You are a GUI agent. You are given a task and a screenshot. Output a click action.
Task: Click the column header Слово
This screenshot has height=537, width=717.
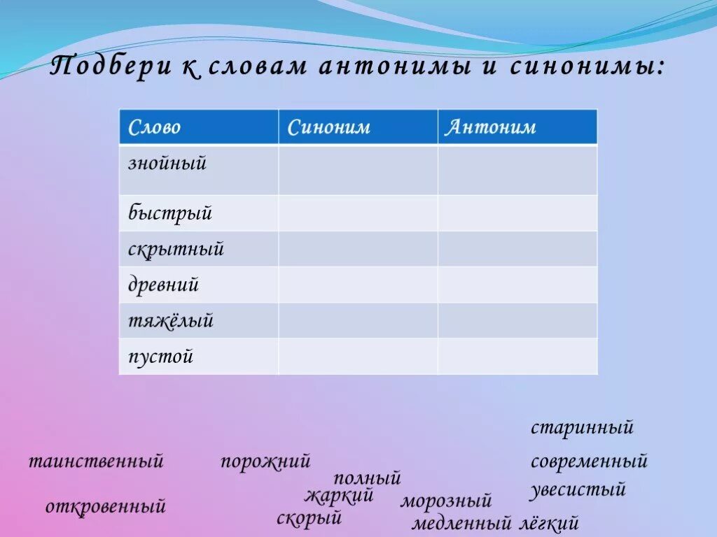(x=154, y=127)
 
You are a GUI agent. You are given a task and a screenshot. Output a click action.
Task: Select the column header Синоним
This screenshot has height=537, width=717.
(x=328, y=127)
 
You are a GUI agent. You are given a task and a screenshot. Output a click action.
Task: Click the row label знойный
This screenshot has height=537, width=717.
(x=167, y=164)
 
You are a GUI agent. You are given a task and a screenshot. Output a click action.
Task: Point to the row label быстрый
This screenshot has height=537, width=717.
(x=169, y=213)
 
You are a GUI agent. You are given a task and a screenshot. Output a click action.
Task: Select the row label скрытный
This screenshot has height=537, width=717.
(x=176, y=249)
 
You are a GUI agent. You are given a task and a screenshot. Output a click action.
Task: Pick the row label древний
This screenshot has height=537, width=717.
(x=163, y=285)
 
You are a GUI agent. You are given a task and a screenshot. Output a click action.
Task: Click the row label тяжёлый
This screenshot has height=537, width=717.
(x=170, y=321)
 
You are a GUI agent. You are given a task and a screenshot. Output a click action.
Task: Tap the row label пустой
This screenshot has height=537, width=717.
(x=160, y=357)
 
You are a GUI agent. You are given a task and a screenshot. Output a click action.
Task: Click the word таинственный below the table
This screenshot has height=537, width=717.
(x=96, y=461)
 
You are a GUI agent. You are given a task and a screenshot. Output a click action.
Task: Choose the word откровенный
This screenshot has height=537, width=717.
(x=106, y=506)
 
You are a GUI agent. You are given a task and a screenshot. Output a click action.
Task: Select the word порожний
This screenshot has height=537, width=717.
(x=265, y=461)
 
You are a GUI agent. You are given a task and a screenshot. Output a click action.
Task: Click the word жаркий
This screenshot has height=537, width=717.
(x=339, y=496)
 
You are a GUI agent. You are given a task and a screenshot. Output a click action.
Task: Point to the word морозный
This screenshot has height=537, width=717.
(x=446, y=501)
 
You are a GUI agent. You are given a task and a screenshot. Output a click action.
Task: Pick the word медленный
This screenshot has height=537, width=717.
(x=461, y=523)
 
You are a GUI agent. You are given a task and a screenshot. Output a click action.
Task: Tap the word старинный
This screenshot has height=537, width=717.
(x=582, y=427)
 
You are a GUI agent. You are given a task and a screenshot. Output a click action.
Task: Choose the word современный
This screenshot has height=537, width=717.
(x=589, y=461)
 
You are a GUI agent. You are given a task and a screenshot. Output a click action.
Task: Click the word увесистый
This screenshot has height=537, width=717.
(x=577, y=489)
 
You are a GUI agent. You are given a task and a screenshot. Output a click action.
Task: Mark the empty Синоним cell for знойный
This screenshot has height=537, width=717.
(x=358, y=170)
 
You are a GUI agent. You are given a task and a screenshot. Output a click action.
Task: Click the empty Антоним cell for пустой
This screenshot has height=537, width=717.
(x=517, y=357)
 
